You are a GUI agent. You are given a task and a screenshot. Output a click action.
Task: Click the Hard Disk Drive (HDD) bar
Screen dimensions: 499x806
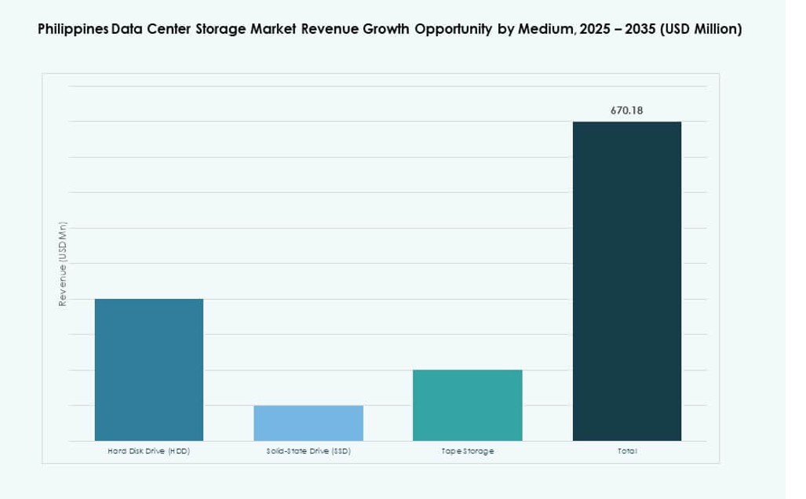(149, 370)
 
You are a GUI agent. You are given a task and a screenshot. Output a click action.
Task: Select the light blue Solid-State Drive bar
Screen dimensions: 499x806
(308, 423)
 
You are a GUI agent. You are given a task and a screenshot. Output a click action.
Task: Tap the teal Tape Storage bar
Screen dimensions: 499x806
(467, 405)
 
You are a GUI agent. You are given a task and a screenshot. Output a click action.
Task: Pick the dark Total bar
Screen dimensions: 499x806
(626, 281)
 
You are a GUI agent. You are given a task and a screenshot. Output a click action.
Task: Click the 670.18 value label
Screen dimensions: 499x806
(626, 111)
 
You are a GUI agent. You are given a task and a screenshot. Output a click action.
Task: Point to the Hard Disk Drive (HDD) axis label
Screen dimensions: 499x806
(148, 452)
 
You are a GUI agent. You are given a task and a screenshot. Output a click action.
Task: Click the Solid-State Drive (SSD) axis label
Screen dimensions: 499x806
(308, 452)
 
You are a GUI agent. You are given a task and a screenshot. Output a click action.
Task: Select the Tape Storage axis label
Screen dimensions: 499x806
(467, 452)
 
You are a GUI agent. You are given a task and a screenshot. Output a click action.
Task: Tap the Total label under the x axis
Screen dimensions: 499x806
(626, 452)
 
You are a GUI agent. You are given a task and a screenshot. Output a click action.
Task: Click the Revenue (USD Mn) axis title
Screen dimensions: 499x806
(62, 264)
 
